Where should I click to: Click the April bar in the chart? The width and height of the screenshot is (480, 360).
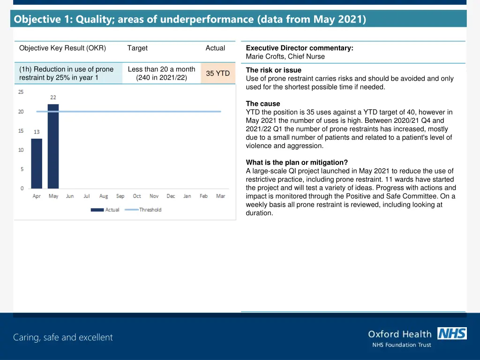(x=37, y=164)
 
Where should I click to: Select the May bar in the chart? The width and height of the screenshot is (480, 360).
(x=53, y=146)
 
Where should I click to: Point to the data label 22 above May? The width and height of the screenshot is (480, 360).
(x=53, y=97)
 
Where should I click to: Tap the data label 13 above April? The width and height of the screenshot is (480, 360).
(x=37, y=132)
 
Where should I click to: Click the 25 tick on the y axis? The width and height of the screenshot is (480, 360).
(x=21, y=92)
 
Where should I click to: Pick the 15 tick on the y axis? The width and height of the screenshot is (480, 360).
(x=21, y=131)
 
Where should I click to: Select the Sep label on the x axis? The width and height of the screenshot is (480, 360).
(x=120, y=196)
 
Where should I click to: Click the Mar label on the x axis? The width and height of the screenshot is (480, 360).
(x=220, y=196)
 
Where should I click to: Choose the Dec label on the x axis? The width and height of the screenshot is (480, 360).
(x=171, y=196)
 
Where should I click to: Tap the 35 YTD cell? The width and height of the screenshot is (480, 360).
(x=218, y=74)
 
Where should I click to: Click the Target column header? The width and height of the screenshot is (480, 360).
(x=137, y=48)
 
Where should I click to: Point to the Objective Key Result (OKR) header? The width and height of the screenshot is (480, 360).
(x=62, y=48)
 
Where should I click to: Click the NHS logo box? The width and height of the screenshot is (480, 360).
(x=452, y=333)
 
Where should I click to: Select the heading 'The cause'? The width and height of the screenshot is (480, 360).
(x=263, y=104)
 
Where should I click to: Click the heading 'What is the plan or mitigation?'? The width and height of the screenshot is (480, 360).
(x=297, y=163)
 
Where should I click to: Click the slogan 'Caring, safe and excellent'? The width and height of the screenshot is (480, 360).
(x=63, y=337)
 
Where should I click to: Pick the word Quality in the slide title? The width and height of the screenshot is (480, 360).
(x=94, y=19)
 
